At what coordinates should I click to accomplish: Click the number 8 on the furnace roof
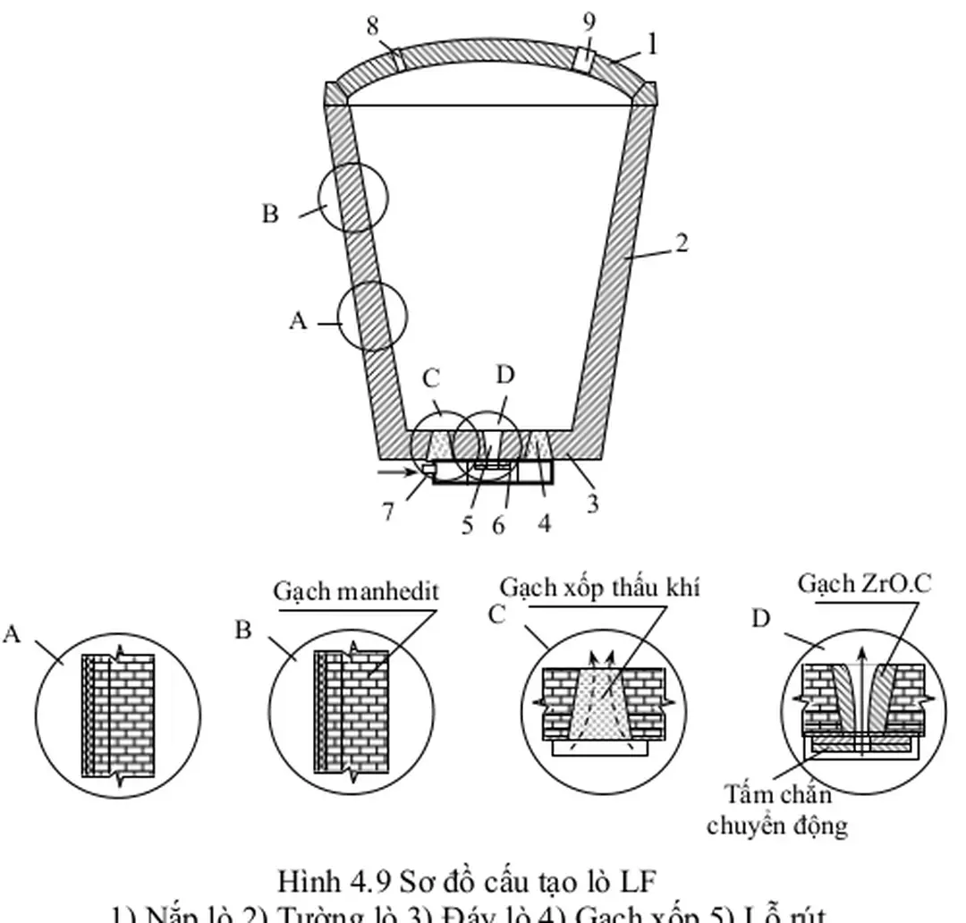point(373,27)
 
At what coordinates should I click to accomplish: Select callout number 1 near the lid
point(653,44)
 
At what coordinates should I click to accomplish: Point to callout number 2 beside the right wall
point(682,242)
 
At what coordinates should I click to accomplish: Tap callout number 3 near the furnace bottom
point(592,504)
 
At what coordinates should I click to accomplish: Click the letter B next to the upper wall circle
point(270,215)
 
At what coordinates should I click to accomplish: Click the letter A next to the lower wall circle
point(298,321)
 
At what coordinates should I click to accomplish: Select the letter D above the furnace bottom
point(505,375)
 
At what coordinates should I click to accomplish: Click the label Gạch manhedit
point(356,591)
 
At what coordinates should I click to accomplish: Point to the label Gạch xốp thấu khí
point(599,588)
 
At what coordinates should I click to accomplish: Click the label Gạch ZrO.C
point(864,584)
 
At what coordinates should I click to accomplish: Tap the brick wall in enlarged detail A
point(130,716)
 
